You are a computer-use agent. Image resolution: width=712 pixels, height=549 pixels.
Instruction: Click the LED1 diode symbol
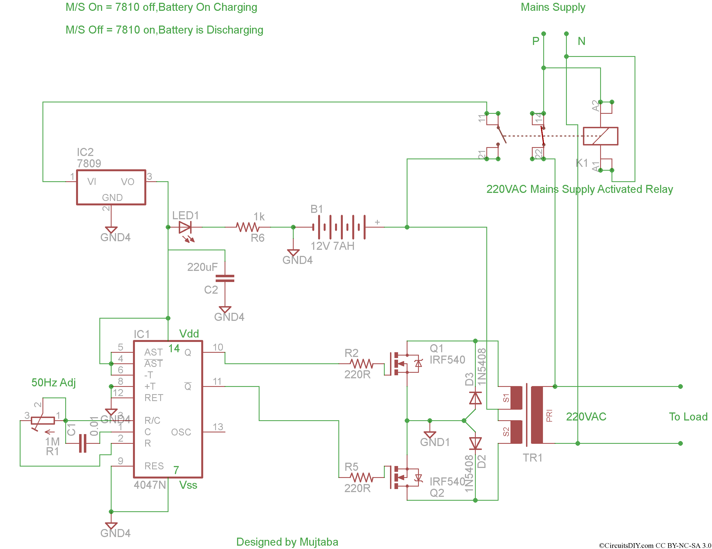tap(185, 227)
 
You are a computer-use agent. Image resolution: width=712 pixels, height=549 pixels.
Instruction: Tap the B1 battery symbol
tap(339, 227)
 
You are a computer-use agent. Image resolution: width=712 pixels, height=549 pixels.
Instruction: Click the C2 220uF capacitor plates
tap(225, 278)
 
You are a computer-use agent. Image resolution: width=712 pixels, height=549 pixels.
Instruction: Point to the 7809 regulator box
tap(111, 187)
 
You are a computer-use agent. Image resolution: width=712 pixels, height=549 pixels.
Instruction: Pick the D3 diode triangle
tap(475, 398)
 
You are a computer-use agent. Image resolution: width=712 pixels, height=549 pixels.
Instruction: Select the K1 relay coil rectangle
tap(600, 136)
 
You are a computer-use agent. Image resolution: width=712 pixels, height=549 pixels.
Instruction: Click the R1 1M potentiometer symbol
tap(43, 420)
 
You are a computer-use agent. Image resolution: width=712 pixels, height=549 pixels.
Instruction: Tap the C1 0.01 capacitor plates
tap(83, 443)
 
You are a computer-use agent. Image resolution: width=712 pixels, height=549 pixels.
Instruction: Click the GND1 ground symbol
tap(430, 435)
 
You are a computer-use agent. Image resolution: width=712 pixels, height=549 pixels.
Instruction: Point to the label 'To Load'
tap(688, 417)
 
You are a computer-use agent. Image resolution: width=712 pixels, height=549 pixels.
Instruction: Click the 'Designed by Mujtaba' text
tap(287, 542)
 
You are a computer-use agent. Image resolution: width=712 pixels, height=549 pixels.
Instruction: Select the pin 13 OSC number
tap(218, 427)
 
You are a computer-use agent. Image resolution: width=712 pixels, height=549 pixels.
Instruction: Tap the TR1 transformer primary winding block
tap(537, 415)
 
